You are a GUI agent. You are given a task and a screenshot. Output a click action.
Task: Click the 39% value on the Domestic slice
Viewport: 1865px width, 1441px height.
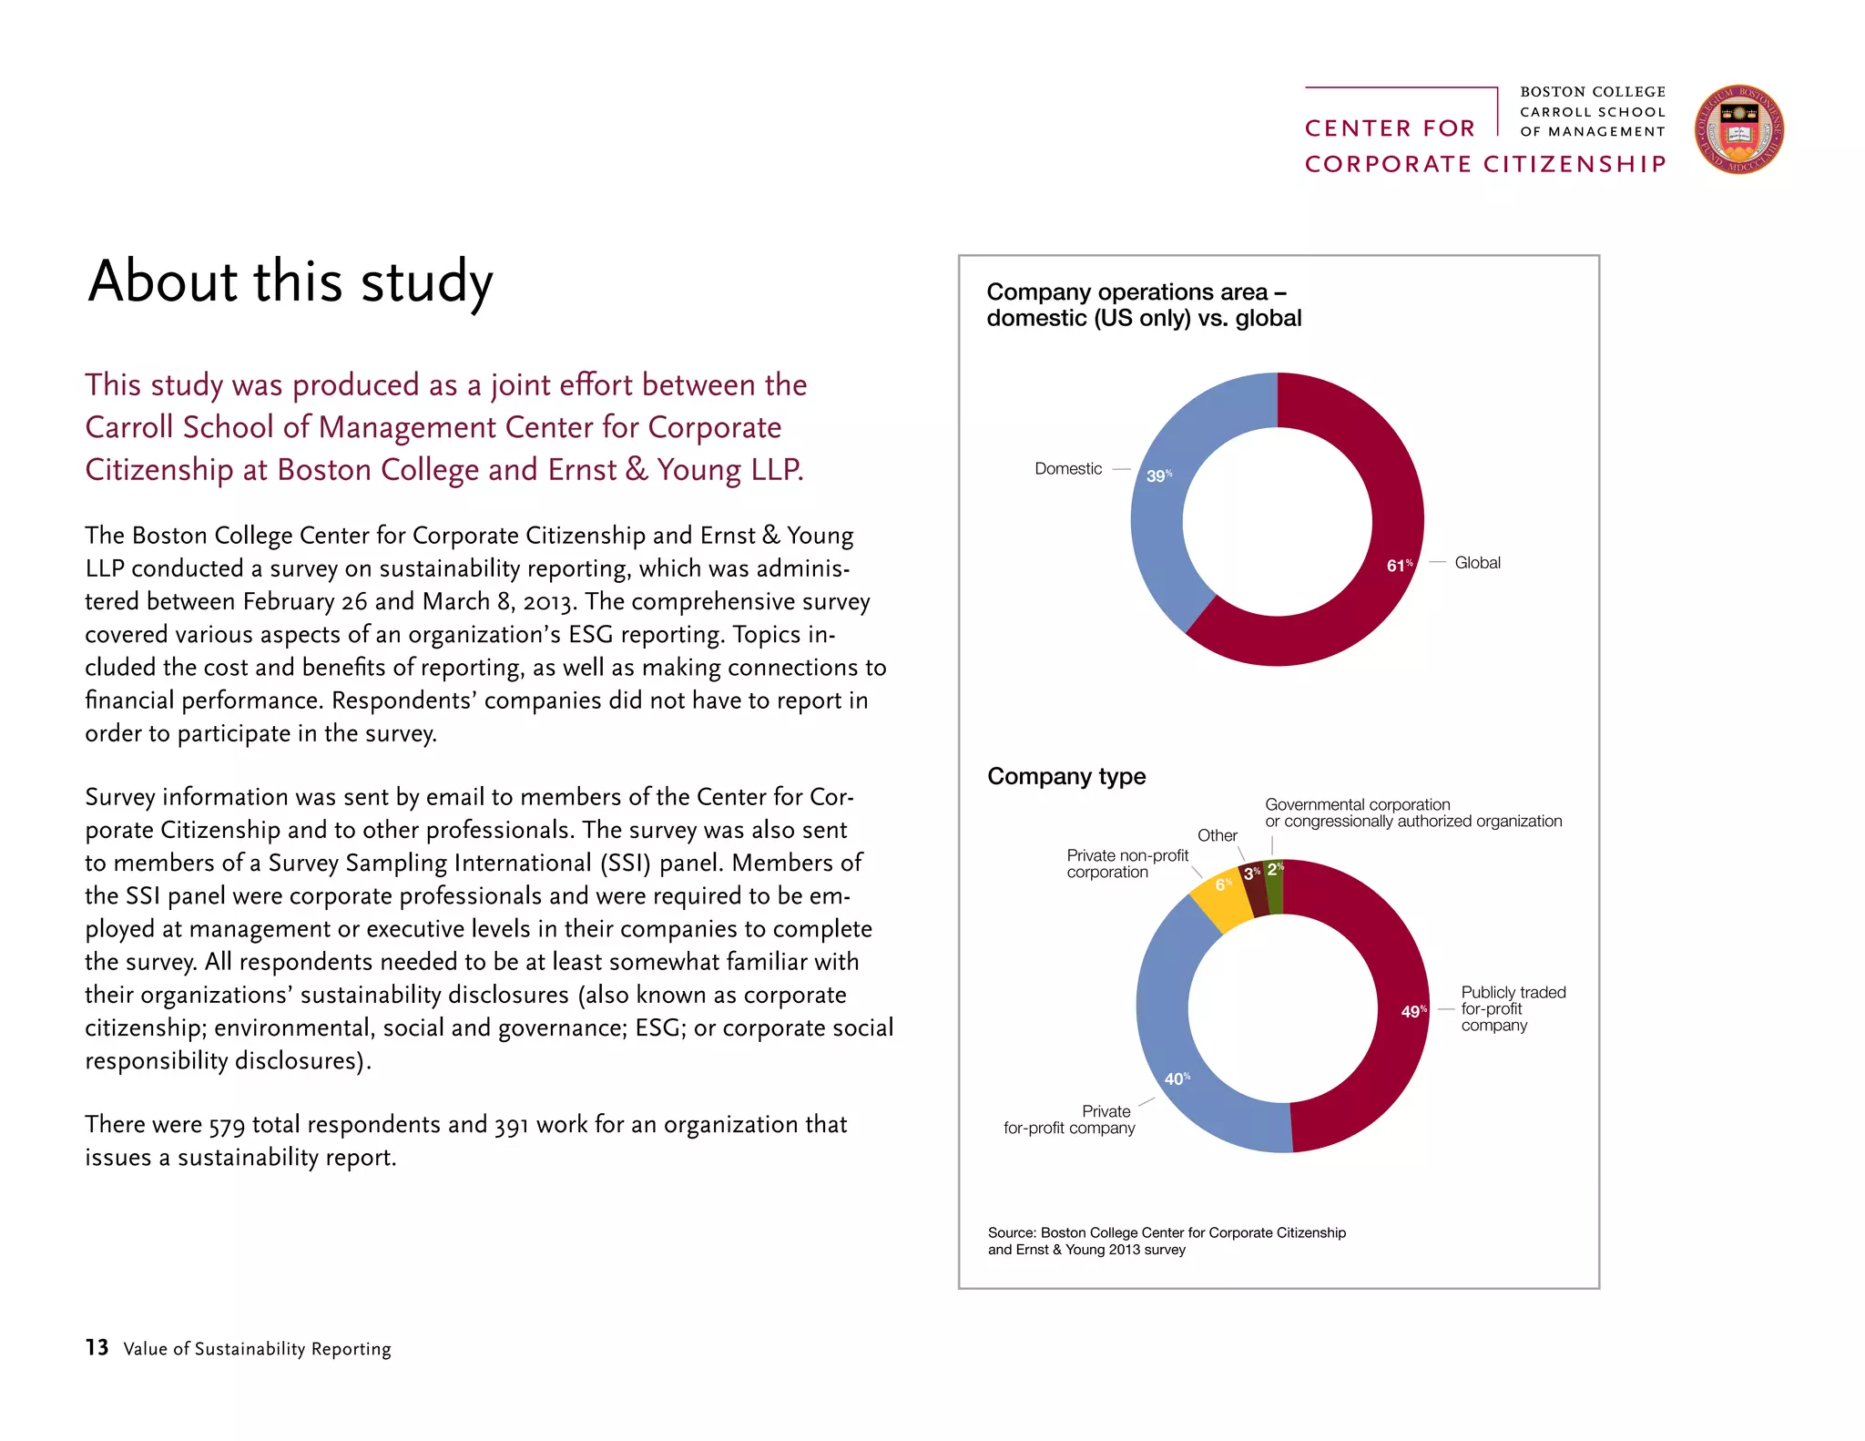tap(1157, 475)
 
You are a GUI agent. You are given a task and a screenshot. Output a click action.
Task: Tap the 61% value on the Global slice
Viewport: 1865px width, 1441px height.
tap(1398, 566)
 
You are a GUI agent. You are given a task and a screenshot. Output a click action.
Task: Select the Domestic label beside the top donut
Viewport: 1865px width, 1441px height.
tap(1067, 468)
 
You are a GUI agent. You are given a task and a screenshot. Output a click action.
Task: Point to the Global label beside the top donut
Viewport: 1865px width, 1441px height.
tap(1476, 563)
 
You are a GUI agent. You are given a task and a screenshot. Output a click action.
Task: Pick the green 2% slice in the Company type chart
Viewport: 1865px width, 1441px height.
tap(1275, 887)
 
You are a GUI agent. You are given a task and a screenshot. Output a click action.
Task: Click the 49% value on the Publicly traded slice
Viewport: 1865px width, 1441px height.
tap(1412, 1011)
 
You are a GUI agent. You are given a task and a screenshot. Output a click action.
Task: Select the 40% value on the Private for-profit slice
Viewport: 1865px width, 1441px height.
tap(1176, 1078)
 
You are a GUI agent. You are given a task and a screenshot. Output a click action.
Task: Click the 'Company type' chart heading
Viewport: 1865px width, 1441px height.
tap(1065, 776)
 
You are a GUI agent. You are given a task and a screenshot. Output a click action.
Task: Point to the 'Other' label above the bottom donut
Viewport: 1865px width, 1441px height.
tap(1217, 835)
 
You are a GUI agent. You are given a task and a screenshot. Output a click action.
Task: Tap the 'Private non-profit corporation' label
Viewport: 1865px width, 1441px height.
tap(1126, 864)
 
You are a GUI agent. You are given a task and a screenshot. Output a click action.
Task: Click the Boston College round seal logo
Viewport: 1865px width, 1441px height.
tap(1738, 129)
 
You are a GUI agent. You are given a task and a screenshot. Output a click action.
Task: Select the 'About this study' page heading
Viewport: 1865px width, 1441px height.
tap(290, 281)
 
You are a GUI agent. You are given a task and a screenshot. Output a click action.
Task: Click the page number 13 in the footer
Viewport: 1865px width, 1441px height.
tap(97, 1347)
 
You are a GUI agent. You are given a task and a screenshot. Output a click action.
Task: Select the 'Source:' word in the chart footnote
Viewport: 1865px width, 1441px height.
tap(1011, 1232)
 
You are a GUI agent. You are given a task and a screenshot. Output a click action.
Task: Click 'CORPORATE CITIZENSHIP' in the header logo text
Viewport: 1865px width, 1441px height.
tap(1484, 164)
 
